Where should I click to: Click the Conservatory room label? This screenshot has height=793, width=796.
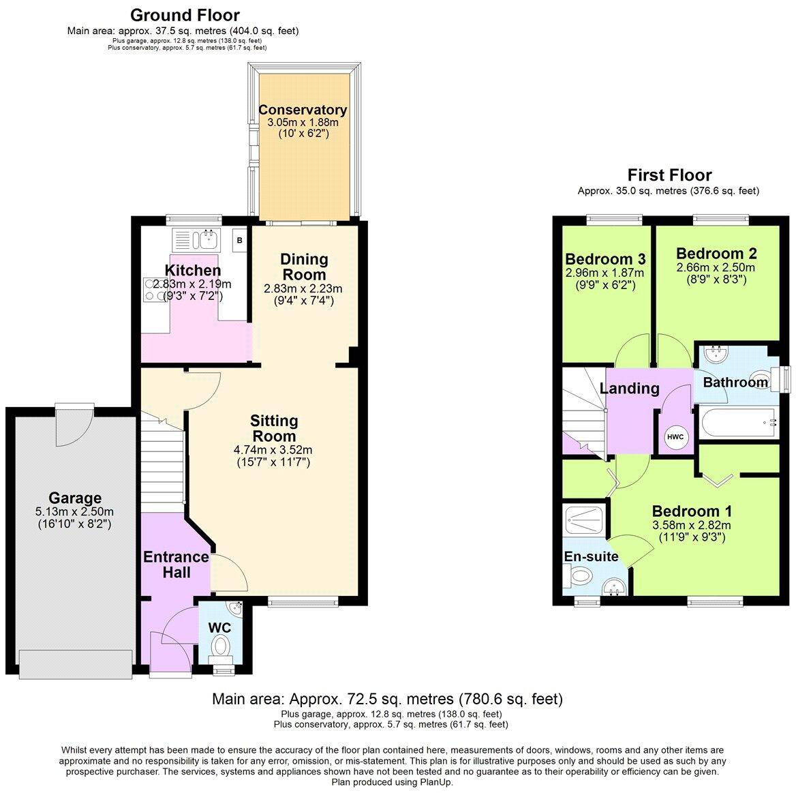tap(303, 110)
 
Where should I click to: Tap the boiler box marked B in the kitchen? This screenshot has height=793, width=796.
tap(239, 240)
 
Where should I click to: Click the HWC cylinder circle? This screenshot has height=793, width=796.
tap(675, 436)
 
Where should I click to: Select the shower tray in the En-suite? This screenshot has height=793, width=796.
tap(583, 520)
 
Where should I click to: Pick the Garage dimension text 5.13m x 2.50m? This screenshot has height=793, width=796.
tap(74, 512)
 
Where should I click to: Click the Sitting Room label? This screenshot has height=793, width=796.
tap(273, 428)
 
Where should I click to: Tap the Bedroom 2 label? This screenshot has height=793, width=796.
tap(716, 253)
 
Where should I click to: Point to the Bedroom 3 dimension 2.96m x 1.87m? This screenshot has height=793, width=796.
tap(604, 273)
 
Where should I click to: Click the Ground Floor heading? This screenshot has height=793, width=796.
tap(185, 14)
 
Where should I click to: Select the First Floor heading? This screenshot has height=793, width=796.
tap(669, 175)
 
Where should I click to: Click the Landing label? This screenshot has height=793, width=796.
tap(629, 388)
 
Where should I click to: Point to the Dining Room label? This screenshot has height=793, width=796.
tap(304, 267)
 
